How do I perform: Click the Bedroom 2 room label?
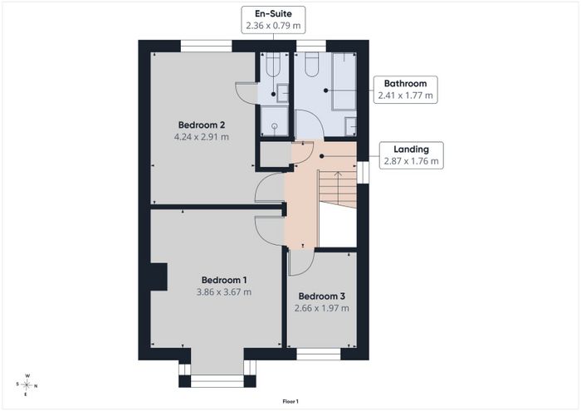pyautogui.click(x=202, y=125)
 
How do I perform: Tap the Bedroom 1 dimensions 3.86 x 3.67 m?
pyautogui.click(x=224, y=292)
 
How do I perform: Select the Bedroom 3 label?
pyautogui.click(x=322, y=296)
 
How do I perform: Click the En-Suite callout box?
pyautogui.click(x=273, y=20)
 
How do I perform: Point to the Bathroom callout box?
pyautogui.click(x=405, y=90)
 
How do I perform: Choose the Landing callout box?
pyautogui.click(x=412, y=155)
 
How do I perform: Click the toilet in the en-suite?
pyautogui.click(x=274, y=65)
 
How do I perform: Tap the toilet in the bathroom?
pyautogui.click(x=311, y=65)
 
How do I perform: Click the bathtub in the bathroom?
pyautogui.click(x=344, y=81)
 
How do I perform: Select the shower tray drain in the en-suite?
pyautogui.click(x=275, y=126)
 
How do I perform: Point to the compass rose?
pyautogui.click(x=27, y=385)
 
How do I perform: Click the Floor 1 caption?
pyautogui.click(x=290, y=401)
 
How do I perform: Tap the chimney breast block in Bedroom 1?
pyautogui.click(x=159, y=276)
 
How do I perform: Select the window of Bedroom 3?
pyautogui.click(x=318, y=354)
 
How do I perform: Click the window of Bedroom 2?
pyautogui.click(x=206, y=46)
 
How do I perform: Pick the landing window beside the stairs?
pyautogui.click(x=364, y=173)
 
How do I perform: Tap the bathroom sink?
pyautogui.click(x=351, y=127)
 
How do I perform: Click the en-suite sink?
pyautogui.click(x=283, y=93)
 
